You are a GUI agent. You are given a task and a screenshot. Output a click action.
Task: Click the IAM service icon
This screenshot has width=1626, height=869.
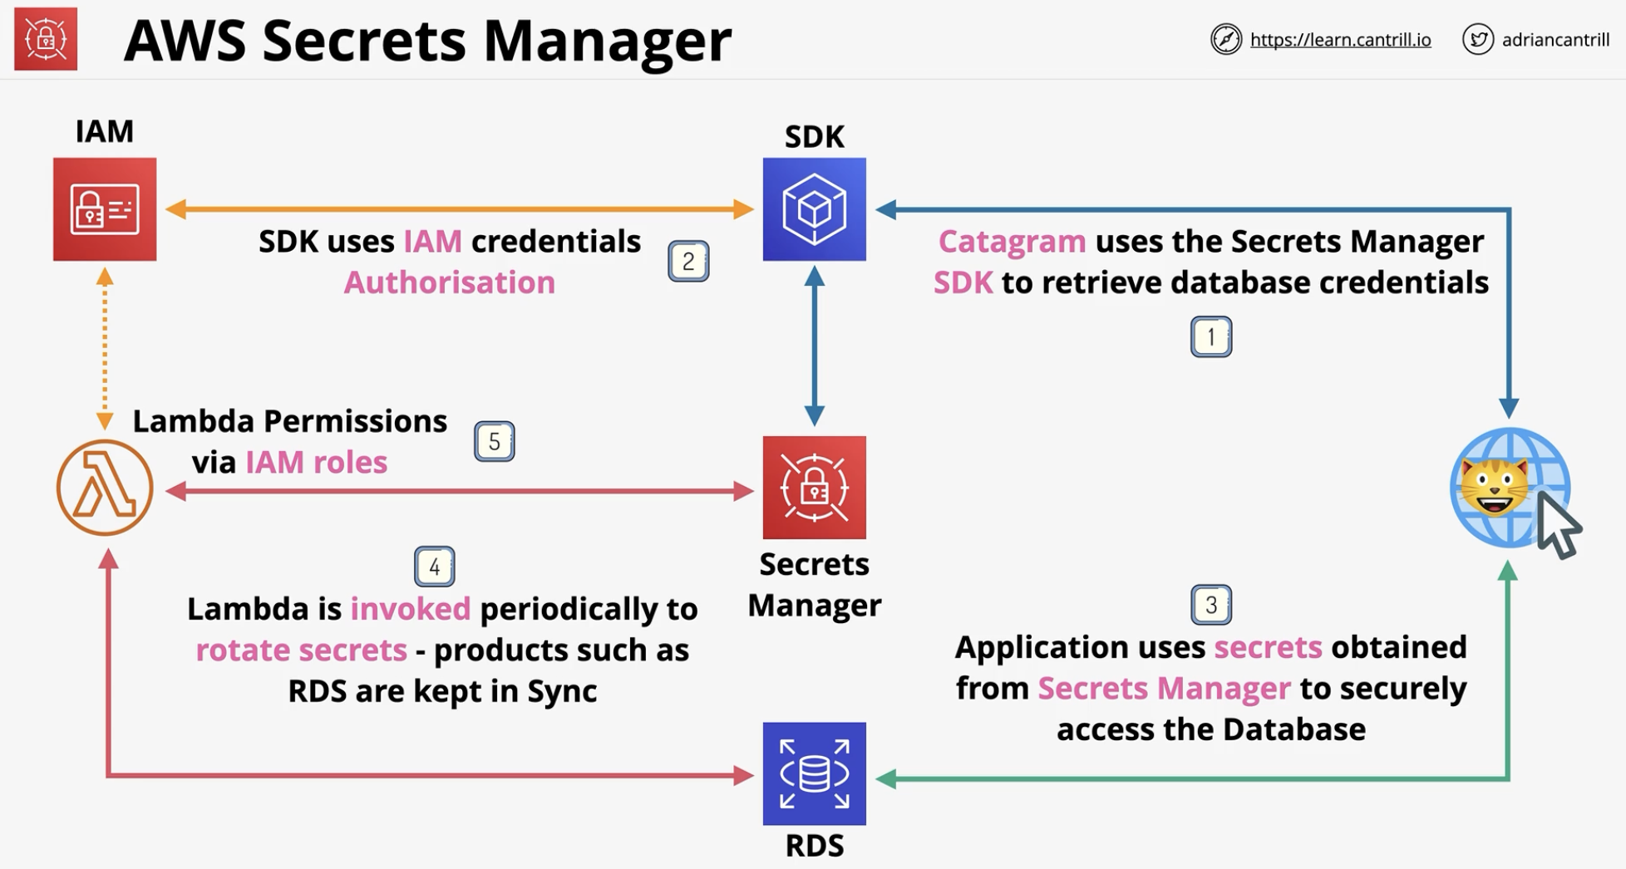105,209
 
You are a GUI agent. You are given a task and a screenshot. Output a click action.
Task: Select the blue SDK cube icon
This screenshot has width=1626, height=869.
815,209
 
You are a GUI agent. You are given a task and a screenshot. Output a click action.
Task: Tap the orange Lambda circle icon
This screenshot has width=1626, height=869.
105,488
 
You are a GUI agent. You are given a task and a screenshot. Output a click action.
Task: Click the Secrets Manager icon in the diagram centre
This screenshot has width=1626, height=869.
815,488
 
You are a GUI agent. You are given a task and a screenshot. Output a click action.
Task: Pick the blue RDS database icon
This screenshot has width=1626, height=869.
815,773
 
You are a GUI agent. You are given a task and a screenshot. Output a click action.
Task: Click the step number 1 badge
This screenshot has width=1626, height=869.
1211,336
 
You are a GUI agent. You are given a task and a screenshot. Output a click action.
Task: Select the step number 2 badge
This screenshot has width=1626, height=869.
688,261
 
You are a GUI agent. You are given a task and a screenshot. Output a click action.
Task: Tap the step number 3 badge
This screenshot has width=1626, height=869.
1211,604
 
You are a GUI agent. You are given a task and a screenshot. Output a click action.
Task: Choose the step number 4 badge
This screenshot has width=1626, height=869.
434,567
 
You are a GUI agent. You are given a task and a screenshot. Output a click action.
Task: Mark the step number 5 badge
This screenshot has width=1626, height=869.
495,441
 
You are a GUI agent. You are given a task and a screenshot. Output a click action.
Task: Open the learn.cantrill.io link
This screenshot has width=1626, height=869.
1340,40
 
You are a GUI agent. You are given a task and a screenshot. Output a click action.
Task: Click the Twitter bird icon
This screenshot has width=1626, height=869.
1478,39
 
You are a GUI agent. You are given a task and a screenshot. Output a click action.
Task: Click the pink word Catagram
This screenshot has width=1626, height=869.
1012,241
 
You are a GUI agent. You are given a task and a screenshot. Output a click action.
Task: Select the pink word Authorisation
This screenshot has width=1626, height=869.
450,282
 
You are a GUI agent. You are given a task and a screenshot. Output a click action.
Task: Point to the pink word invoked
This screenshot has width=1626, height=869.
411,609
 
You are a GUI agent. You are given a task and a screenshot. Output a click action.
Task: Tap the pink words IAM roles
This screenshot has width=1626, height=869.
317,462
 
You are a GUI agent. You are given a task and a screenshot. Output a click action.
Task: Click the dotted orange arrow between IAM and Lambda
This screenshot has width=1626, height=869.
105,349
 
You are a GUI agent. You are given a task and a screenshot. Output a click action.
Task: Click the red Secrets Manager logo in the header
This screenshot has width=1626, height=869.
46,39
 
